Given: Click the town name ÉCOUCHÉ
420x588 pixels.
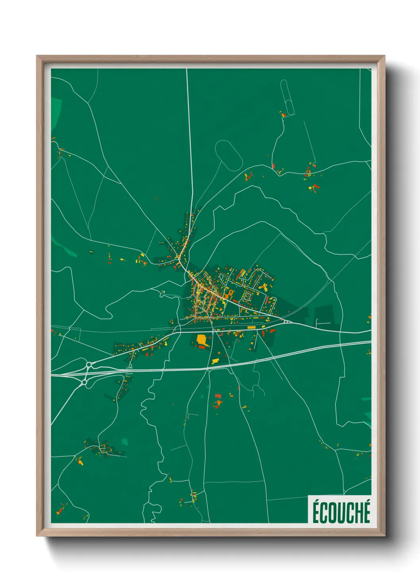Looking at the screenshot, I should [x=341, y=512].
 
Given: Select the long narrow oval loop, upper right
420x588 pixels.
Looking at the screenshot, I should [x=287, y=98].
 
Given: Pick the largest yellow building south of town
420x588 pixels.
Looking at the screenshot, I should [x=201, y=340].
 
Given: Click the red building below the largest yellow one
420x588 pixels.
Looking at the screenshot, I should [x=202, y=347].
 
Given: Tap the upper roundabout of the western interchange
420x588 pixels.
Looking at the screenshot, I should [x=89, y=364].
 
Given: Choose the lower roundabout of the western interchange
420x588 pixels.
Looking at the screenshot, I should [x=84, y=382].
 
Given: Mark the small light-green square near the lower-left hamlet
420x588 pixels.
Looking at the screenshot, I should [x=125, y=441].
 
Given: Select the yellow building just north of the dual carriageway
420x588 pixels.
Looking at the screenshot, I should [x=216, y=361].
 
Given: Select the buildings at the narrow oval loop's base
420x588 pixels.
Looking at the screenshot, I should [x=283, y=115].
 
